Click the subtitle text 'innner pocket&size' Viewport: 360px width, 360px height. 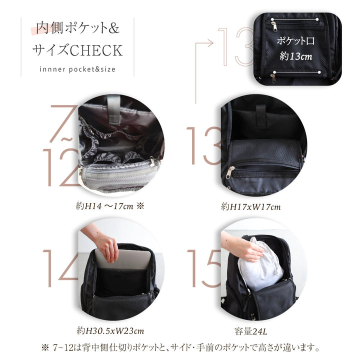pos(77,69)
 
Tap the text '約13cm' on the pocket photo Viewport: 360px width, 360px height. pos(296,56)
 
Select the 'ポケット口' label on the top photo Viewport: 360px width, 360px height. pos(295,41)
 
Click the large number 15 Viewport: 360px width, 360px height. pos(204,268)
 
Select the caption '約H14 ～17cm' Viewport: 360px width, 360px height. pos(104,206)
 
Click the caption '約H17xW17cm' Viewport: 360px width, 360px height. pos(250,207)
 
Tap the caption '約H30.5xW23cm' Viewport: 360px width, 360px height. pos(110,331)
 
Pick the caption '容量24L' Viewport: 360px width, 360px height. pos(250,331)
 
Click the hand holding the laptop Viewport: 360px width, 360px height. pos(107,248)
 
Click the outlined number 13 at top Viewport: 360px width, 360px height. pos(236,46)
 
